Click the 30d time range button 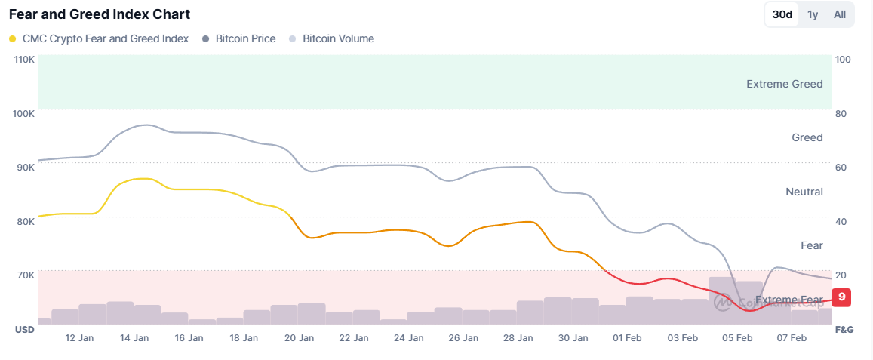pyautogui.click(x=782, y=14)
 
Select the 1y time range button pyautogui.click(x=813, y=14)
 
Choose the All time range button pyautogui.click(x=839, y=14)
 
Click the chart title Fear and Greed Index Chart pyautogui.click(x=100, y=14)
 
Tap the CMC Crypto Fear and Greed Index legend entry pyautogui.click(x=99, y=38)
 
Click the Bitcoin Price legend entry pyautogui.click(x=239, y=38)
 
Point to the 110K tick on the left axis pyautogui.click(x=25, y=60)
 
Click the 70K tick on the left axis pyautogui.click(x=25, y=275)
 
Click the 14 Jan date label pyautogui.click(x=134, y=338)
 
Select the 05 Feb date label pyautogui.click(x=737, y=338)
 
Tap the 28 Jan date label pyautogui.click(x=518, y=338)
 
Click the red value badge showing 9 pyautogui.click(x=841, y=297)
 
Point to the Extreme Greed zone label pyautogui.click(x=784, y=84)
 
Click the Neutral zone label pyautogui.click(x=804, y=192)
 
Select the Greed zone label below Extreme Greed pyautogui.click(x=807, y=137)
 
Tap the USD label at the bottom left pyautogui.click(x=24, y=330)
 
